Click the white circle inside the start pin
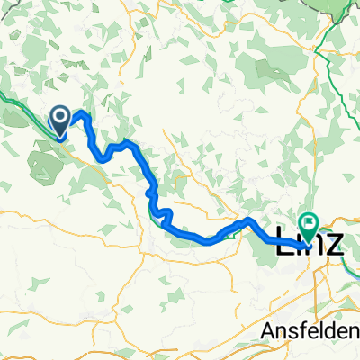60,116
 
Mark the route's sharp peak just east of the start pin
82,113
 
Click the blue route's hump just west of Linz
247,220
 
